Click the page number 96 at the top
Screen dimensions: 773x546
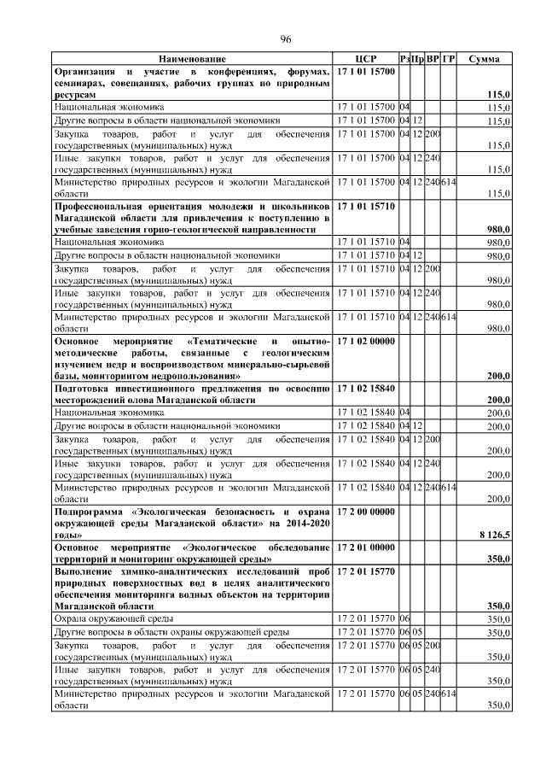tap(286, 38)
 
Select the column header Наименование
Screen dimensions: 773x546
tap(192, 59)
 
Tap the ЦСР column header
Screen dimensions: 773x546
tap(365, 59)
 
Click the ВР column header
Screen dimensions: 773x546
tap(433, 59)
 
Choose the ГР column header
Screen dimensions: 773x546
tap(449, 59)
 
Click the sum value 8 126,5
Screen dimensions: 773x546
tap(495, 534)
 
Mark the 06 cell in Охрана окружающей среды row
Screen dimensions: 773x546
tap(404, 617)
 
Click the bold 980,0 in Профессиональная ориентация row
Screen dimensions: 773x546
tap(497, 230)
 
